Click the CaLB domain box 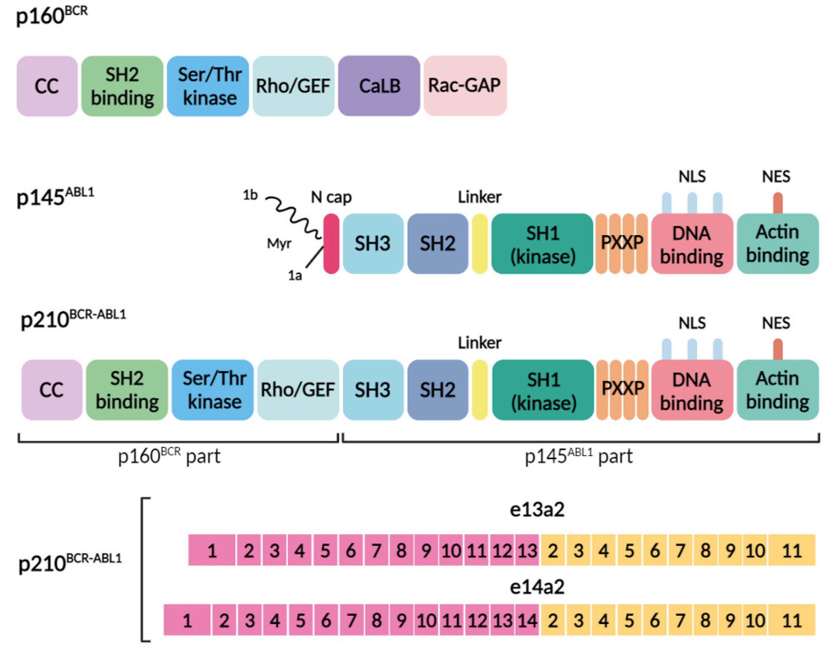[x=379, y=86]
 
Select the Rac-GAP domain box [x=465, y=86]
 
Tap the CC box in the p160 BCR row [x=47, y=86]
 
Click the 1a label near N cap [x=295, y=275]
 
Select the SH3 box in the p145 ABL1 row [x=373, y=244]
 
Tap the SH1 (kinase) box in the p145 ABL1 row [x=542, y=244]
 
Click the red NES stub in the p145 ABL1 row [x=777, y=203]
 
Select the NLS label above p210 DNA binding [x=692, y=323]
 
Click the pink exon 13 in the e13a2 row [x=527, y=550]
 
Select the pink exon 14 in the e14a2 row [x=527, y=620]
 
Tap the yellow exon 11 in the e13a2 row [x=791, y=550]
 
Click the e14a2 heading [x=537, y=587]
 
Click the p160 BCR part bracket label [x=169, y=456]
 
